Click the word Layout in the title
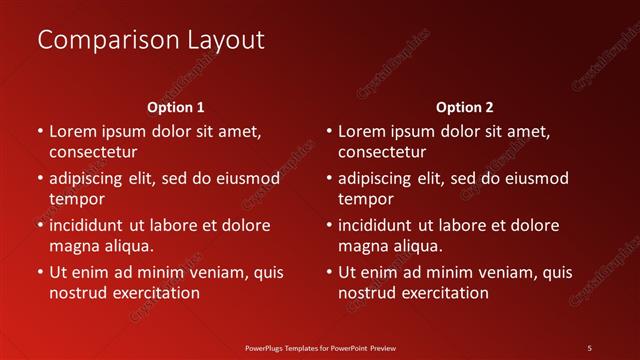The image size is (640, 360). tap(225, 40)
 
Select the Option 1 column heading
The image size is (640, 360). tap(176, 106)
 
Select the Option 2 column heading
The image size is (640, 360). tap(465, 106)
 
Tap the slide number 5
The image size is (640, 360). tap(589, 348)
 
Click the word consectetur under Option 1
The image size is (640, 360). tap(93, 152)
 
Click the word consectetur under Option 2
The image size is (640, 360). tap(382, 152)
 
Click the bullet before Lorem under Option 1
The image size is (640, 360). tap(40, 131)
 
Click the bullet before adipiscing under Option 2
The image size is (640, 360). tap(329, 179)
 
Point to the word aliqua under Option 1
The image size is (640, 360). tap(128, 246)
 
